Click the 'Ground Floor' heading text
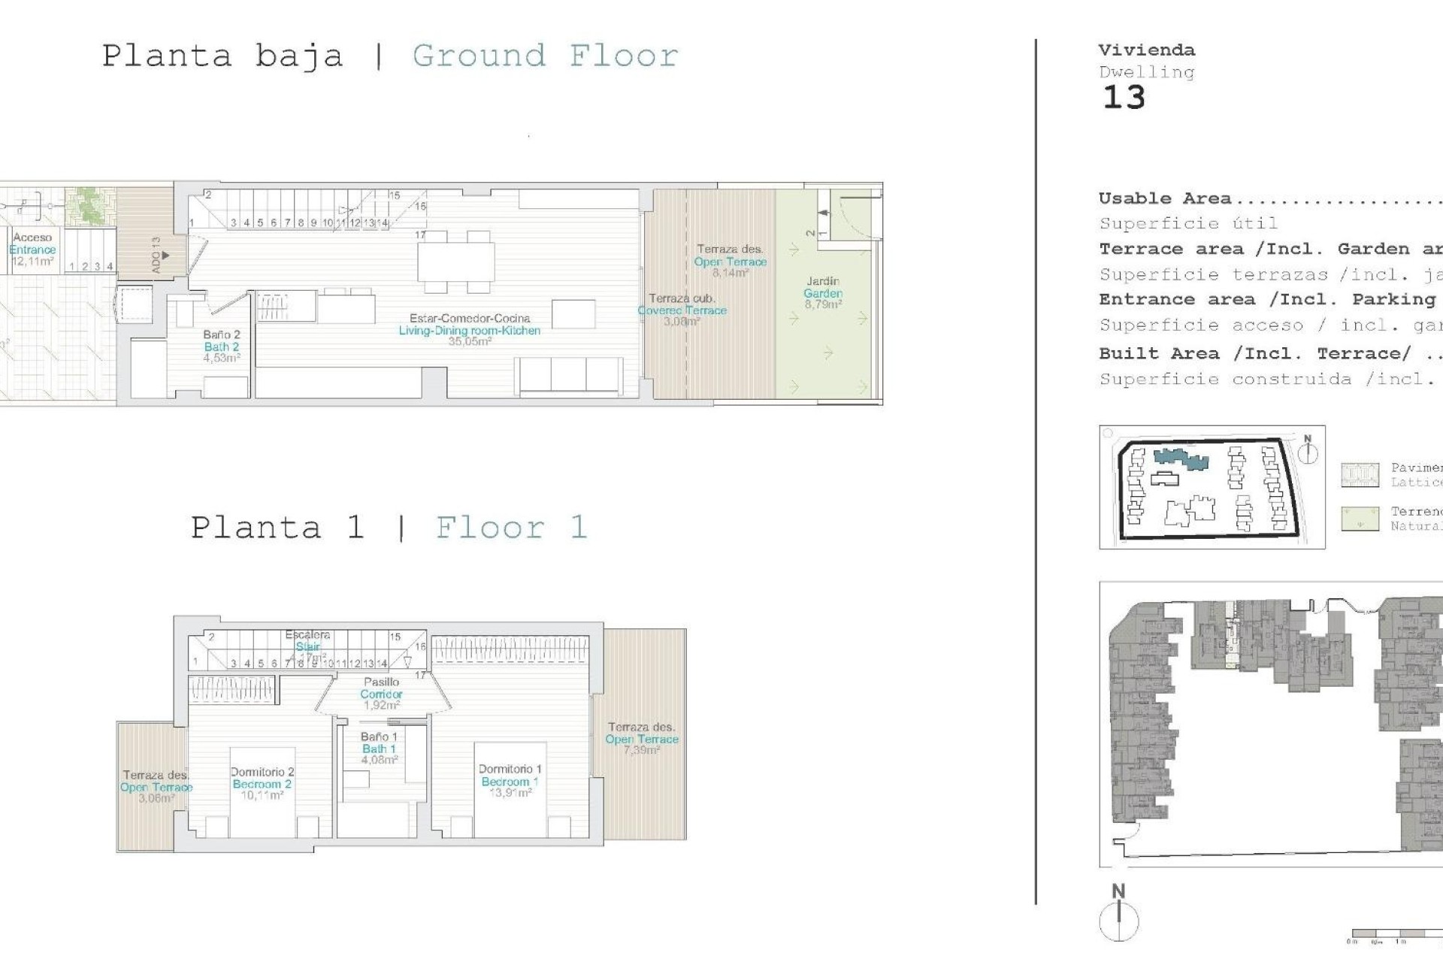coord(546,56)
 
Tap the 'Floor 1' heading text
coord(511,528)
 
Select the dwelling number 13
coord(1124,98)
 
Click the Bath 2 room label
coord(222,346)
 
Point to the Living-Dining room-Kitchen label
coord(469,330)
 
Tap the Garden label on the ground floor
coord(823,293)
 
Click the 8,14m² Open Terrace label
coord(730,261)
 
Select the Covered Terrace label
coord(682,310)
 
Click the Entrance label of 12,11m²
coord(32,250)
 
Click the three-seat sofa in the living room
coord(569,375)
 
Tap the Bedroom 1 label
coord(510,781)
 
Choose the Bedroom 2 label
coord(262,783)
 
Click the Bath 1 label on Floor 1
coord(379,749)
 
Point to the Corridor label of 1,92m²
coord(381,694)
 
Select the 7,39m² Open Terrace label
coord(641,738)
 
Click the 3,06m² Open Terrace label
coord(156,787)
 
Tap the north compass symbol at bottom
coord(1119,919)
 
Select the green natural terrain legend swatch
coord(1360,519)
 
